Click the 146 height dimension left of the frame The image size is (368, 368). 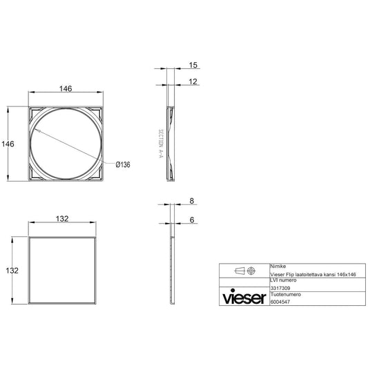(x=8, y=144)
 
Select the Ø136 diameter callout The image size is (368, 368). (x=122, y=164)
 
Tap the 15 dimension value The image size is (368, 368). (x=193, y=65)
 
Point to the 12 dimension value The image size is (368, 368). (x=193, y=81)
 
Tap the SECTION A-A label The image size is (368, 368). (x=160, y=144)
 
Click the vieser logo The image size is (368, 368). (x=244, y=298)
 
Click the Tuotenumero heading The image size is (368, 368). (x=284, y=293)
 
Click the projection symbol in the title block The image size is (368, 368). (x=244, y=271)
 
